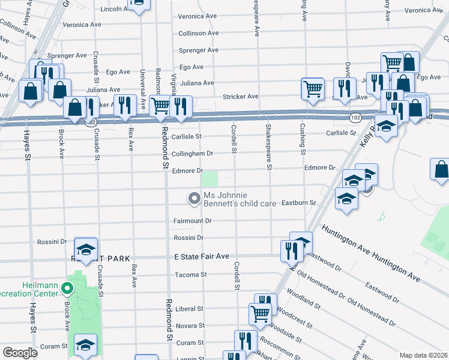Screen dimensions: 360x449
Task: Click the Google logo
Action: [19, 353]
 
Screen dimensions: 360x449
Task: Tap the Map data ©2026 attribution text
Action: [423, 355]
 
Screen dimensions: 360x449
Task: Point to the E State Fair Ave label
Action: [202, 256]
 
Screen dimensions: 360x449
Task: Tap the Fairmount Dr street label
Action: [193, 221]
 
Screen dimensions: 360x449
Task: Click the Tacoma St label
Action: [191, 275]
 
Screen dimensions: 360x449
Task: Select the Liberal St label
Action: [191, 309]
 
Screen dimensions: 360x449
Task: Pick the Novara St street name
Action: [191, 326]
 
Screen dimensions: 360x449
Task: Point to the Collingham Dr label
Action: [193, 153]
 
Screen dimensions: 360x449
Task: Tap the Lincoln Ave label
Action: [115, 9]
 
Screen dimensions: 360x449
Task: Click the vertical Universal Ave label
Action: [143, 86]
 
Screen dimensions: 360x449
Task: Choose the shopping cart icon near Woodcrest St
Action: [260, 313]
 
